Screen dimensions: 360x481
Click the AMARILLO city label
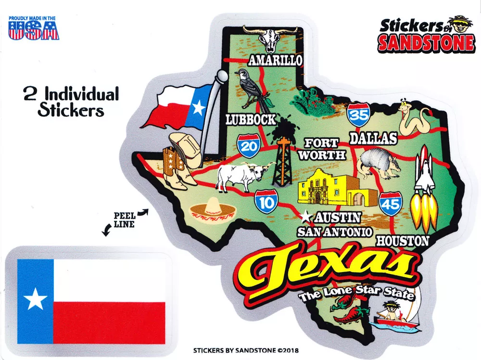(x=276, y=60)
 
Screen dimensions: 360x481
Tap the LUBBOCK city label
(x=251, y=119)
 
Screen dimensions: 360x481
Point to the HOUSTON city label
(x=402, y=240)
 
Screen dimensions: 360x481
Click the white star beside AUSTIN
(x=305, y=217)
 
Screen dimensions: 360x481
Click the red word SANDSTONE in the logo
(x=425, y=43)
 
